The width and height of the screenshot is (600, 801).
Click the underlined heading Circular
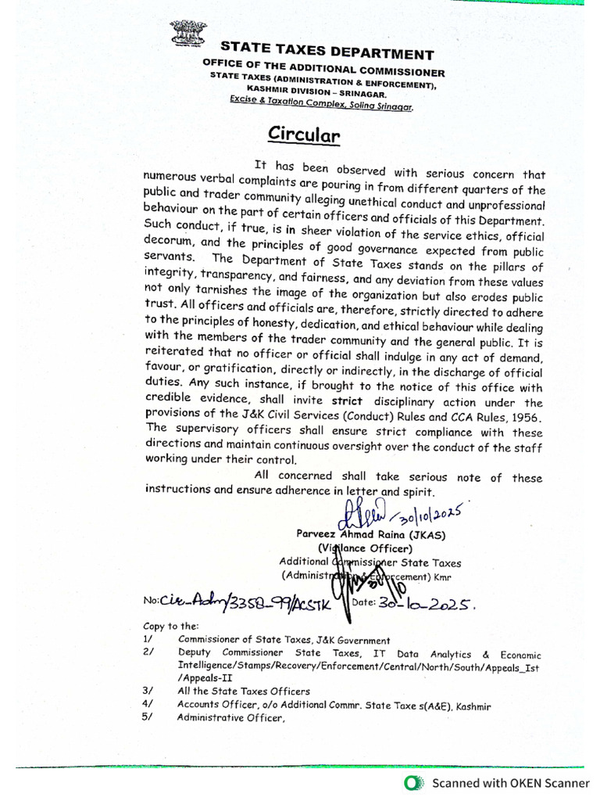pos(305,135)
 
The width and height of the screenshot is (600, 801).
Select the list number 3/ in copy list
pos(149,691)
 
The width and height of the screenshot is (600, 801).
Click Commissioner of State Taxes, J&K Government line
pos(284,639)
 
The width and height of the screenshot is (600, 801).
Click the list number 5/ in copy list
pos(149,719)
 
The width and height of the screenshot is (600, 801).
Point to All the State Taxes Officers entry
pos(244,691)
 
